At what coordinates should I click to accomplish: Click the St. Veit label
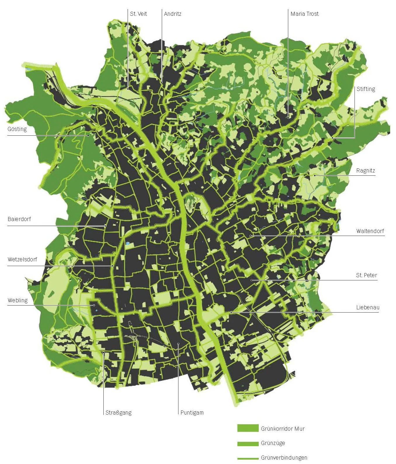tap(138, 14)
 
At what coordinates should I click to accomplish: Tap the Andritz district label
tap(173, 14)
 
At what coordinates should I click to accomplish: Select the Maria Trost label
tap(304, 14)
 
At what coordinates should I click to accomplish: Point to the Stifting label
tap(366, 89)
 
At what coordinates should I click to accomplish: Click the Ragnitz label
tap(365, 171)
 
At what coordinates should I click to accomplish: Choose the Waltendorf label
tap(370, 231)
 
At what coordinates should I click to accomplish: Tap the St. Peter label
tap(366, 275)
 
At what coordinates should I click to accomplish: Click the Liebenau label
tap(367, 307)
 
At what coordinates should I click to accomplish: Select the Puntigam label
tap(192, 413)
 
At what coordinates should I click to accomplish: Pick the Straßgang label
tap(119, 413)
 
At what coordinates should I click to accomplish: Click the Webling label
tap(18, 300)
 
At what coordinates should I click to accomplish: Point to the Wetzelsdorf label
tap(22, 259)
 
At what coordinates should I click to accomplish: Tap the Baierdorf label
tap(19, 219)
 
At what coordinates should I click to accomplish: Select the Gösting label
tap(17, 129)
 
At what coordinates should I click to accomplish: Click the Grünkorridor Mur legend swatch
tap(248, 428)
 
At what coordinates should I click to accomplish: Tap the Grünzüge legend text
tap(273, 443)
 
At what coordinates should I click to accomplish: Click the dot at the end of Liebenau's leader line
tap(231, 312)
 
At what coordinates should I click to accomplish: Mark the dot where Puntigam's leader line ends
tap(178, 344)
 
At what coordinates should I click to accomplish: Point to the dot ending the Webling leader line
tap(94, 305)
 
